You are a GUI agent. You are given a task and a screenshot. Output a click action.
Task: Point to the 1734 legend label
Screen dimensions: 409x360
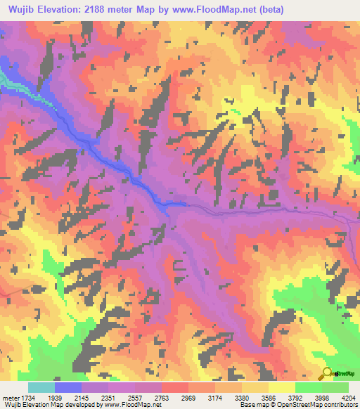[27, 397]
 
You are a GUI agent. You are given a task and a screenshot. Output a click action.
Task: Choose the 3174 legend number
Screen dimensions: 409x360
[229, 397]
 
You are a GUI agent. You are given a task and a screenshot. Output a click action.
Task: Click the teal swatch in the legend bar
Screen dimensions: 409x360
[41, 387]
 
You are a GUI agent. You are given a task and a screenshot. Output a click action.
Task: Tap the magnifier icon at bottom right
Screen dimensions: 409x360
[327, 374]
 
